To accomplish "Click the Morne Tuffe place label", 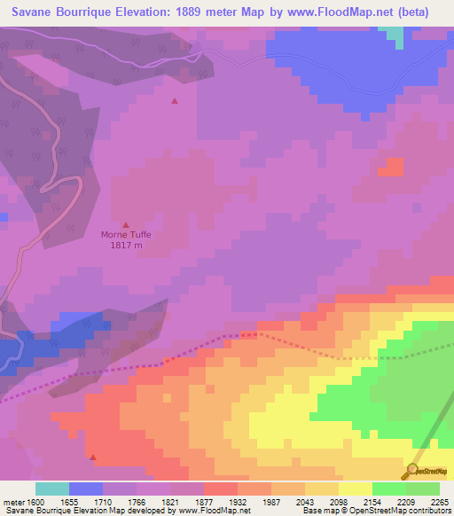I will coord(126,235).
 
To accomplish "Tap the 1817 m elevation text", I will coord(126,246).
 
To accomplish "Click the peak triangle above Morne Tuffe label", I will coord(125,224).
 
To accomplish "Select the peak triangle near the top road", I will coord(174,100).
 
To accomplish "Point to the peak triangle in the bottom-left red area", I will coord(93,458).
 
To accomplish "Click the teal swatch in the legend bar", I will coord(52,489).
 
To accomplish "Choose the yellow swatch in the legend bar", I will coord(356,489).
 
